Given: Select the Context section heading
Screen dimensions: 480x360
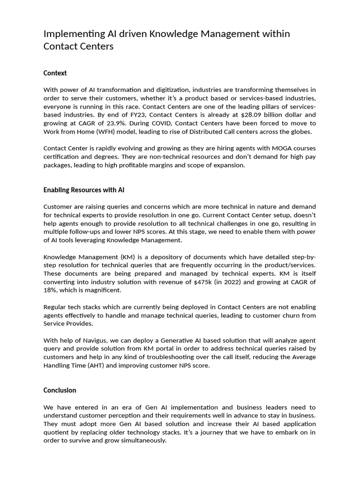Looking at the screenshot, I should [55, 73].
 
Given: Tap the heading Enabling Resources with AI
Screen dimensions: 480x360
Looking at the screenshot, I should [84, 190].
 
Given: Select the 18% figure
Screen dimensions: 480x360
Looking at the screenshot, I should [50, 291].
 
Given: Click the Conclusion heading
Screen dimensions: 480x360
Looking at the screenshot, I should [60, 390].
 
